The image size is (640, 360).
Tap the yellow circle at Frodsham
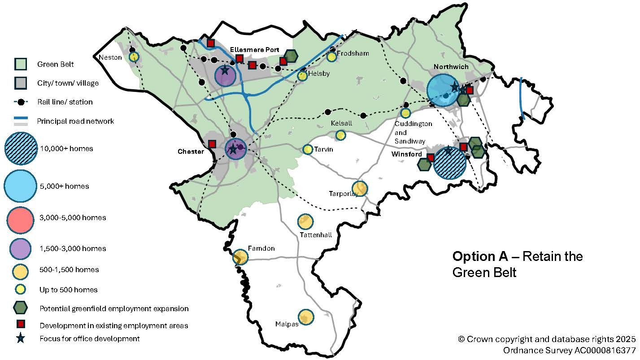point(331,57)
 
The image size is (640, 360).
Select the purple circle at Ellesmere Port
point(225,76)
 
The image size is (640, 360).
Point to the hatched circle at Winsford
point(450,163)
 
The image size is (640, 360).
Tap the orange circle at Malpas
point(305,317)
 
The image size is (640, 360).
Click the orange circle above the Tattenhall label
point(305,221)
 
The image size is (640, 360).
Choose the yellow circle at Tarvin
point(308,149)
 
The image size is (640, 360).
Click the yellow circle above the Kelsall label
point(340,135)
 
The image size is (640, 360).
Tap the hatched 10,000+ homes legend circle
point(20,148)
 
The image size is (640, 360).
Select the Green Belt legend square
point(21,65)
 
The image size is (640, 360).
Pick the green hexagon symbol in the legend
point(21,308)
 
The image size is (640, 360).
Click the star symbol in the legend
point(21,338)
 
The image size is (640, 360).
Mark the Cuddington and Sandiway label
point(407,132)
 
